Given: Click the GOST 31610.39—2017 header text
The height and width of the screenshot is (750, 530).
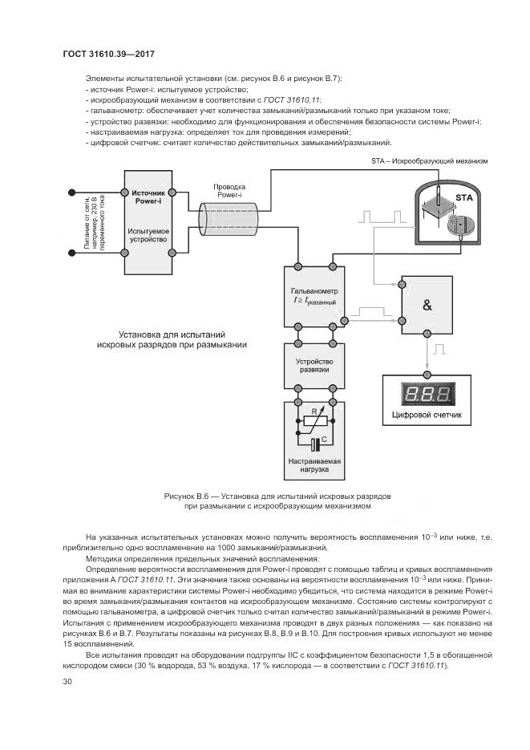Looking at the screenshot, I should tap(108, 54).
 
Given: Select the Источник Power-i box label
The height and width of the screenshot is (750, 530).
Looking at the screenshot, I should tap(148, 197).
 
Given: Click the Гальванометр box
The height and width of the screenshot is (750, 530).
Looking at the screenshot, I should tap(315, 296).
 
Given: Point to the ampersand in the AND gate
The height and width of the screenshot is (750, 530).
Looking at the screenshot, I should tap(426, 305).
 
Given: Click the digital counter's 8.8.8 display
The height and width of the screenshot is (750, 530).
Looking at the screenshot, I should tap(427, 394).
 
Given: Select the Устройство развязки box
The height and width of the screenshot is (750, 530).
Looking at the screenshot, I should tap(315, 366).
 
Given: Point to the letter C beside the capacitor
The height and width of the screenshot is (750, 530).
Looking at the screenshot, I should tap(323, 439).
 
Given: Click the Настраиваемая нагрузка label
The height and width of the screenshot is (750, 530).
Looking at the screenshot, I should tap(315, 466).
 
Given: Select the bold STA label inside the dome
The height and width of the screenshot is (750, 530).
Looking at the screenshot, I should tap(464, 197).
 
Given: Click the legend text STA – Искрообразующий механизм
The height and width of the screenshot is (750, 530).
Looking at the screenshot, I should tap(429, 160).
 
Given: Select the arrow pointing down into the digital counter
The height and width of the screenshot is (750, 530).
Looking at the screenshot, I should tap(427, 367).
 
